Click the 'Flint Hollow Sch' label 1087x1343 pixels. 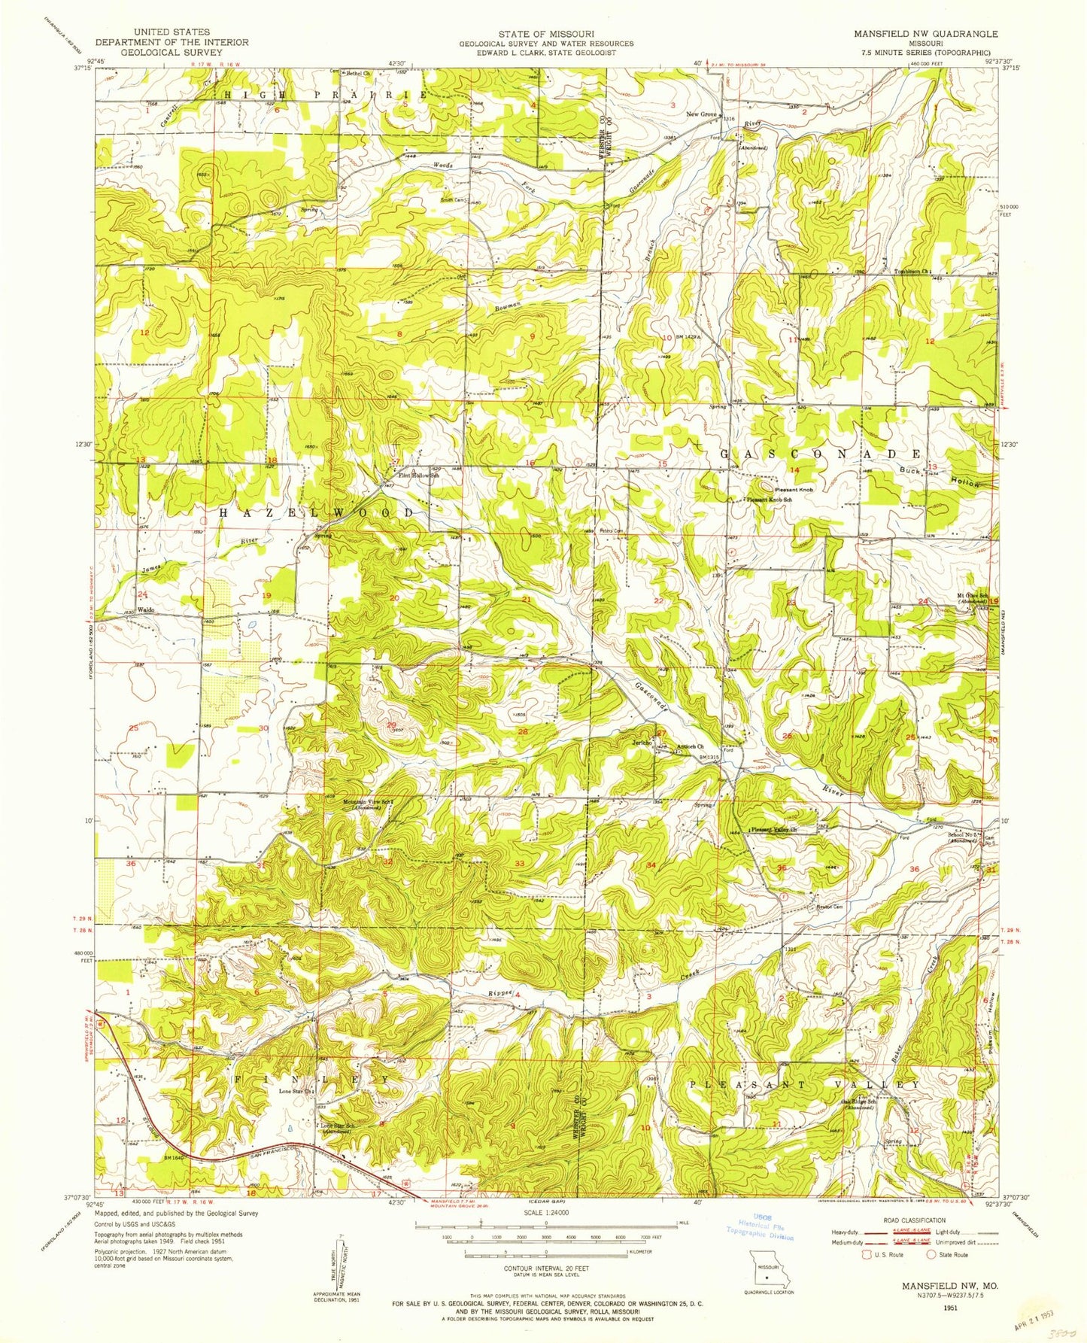click(418, 476)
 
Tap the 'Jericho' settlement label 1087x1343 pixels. click(641, 743)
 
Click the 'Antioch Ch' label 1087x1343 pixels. click(690, 747)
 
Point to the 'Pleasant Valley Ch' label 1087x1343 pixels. click(773, 830)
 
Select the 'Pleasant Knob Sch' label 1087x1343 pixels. click(768, 500)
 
